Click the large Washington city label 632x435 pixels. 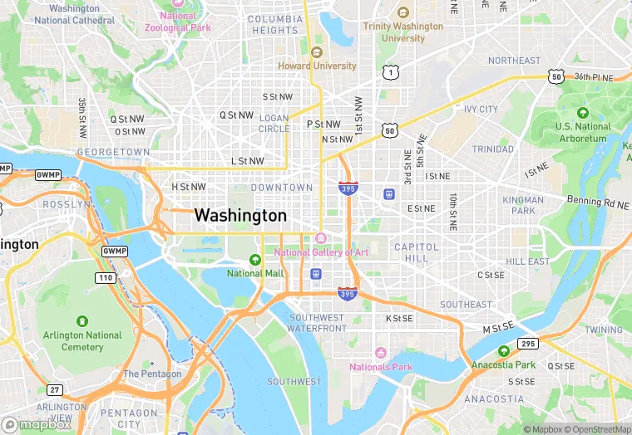[240, 216]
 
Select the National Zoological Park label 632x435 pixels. [178, 22]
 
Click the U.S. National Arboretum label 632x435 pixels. [583, 132]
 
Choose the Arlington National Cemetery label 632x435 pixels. [81, 340]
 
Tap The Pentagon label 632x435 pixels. [152, 374]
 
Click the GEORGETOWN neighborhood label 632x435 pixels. [113, 153]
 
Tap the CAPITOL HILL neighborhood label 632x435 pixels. [411, 252]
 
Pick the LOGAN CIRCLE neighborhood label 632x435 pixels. [274, 124]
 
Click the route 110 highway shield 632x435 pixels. [105, 277]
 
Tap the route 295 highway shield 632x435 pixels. [528, 343]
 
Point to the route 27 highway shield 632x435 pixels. [54, 389]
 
